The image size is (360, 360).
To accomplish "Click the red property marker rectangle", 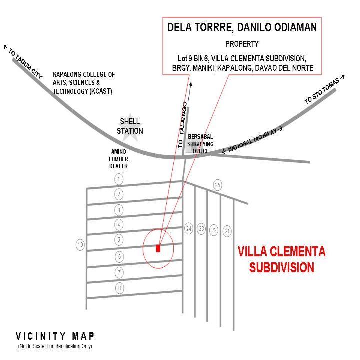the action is [158, 248].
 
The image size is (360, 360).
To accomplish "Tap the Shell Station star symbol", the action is [130, 127].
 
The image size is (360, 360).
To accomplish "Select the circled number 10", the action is [80, 244].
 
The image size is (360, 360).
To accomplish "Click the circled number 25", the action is [218, 185].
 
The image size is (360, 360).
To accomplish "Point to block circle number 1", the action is [119, 179].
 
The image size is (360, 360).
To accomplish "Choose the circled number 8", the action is [119, 288].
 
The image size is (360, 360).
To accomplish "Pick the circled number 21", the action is [227, 231].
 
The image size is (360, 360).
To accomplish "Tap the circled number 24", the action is [189, 228].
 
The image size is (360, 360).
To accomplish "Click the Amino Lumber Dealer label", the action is [118, 159].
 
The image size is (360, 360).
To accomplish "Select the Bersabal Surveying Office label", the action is [200, 144].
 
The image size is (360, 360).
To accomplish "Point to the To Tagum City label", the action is [23, 61].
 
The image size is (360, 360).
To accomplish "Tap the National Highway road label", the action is [252, 140].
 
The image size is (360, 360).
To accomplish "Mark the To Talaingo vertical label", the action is [183, 125].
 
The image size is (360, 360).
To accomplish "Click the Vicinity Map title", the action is [55, 336].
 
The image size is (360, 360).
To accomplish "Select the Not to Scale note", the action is [55, 346].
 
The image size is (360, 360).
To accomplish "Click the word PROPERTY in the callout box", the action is [242, 44].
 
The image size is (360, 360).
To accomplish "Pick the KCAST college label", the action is [84, 83].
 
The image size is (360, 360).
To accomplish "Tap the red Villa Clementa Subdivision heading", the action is [282, 259].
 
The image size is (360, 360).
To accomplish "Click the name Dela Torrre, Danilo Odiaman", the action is [242, 27].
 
